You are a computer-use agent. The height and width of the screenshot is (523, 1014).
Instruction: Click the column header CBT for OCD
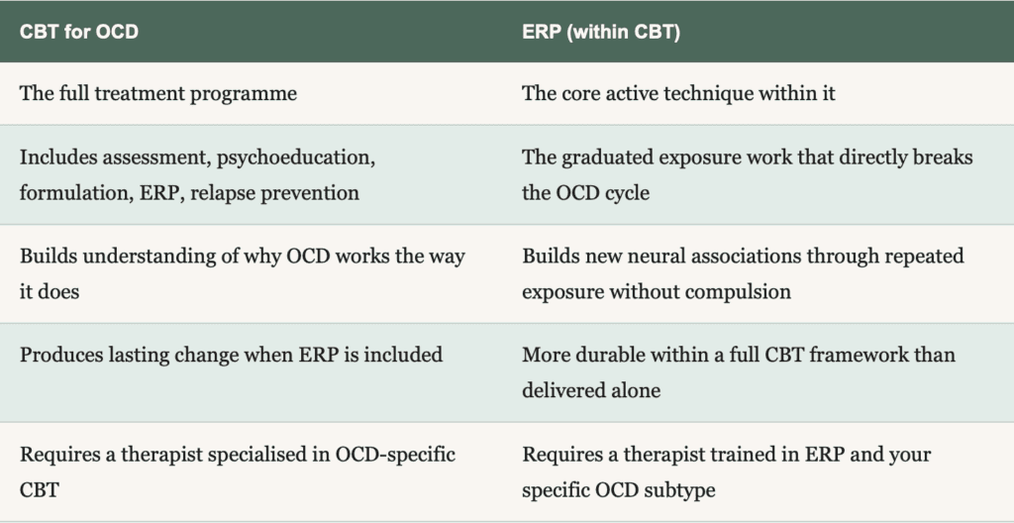pos(79,32)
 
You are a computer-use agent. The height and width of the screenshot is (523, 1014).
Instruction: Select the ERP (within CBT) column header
pos(601,32)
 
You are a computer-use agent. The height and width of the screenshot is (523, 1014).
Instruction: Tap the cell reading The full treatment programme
pos(158,94)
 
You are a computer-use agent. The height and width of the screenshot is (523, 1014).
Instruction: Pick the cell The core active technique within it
pos(678,94)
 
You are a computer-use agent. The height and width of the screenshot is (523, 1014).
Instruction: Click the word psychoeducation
pos(295,157)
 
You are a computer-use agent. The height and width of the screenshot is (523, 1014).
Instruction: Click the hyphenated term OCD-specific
pos(395,455)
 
